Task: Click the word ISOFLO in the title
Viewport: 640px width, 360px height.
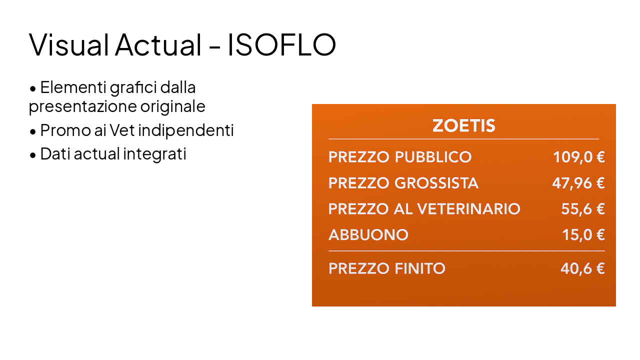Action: [x=281, y=44]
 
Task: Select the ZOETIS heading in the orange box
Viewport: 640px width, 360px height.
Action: [x=463, y=125]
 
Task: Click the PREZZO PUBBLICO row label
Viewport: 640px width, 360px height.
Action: [x=399, y=157]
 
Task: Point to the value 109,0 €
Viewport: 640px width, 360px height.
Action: [x=578, y=157]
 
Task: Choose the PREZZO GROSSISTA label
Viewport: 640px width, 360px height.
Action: [x=403, y=183]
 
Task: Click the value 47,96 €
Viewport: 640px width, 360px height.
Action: [x=578, y=183]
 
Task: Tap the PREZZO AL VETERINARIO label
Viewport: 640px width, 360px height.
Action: [x=424, y=208]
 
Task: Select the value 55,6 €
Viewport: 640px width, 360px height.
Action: [x=582, y=208]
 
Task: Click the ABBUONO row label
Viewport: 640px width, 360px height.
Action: [x=368, y=234]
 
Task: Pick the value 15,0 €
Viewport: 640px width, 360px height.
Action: [x=583, y=234]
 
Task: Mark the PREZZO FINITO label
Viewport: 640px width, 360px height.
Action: [x=386, y=268]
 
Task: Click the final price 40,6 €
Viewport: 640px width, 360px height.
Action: [x=582, y=268]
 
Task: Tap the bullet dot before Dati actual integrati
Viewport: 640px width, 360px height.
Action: [x=33, y=155]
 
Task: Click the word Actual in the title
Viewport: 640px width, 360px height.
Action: [x=157, y=44]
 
